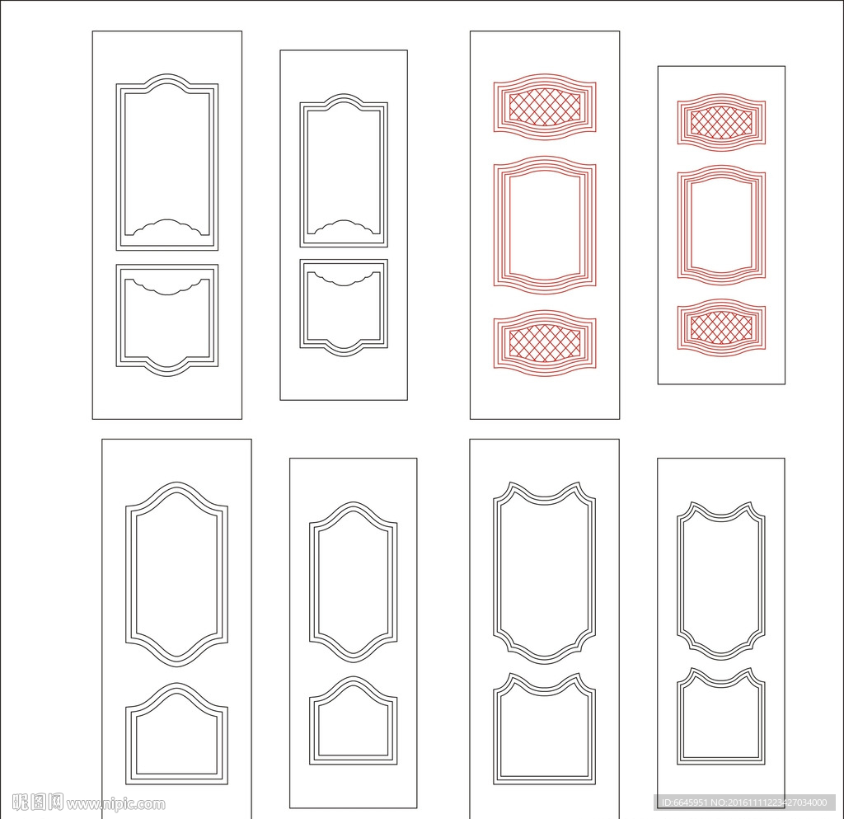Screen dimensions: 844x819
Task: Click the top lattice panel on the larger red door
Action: pyautogui.click(x=545, y=107)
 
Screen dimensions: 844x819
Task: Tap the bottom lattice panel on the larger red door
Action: pyautogui.click(x=545, y=343)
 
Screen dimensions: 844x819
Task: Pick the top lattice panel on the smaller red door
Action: pyautogui.click(x=721, y=122)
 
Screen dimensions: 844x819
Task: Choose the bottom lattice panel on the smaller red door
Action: pyautogui.click(x=721, y=327)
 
